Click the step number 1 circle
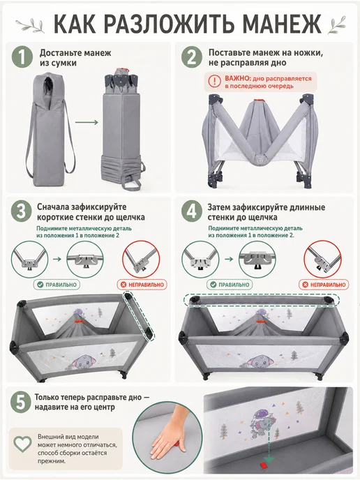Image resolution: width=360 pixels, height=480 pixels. (22, 57)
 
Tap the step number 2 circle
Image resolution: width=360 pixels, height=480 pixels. (192, 57)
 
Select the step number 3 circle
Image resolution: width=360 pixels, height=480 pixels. (21, 211)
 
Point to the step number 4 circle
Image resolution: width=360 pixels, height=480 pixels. (192, 211)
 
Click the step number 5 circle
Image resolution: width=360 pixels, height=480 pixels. (20, 402)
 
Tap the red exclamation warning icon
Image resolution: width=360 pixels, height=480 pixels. (214, 82)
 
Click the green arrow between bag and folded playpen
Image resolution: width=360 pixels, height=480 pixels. (87, 123)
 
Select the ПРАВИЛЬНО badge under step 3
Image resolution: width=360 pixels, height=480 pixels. (57, 285)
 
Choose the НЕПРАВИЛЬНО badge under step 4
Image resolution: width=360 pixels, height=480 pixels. (324, 285)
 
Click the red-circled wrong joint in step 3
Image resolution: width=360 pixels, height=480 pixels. (141, 260)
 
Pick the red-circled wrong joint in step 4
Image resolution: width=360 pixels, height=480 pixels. (322, 260)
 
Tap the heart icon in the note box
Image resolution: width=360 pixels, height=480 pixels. (23, 444)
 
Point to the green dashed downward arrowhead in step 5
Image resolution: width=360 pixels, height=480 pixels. (269, 458)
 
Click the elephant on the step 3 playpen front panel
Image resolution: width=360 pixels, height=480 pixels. (83, 361)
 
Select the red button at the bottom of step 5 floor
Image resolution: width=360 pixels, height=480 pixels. (264, 465)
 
